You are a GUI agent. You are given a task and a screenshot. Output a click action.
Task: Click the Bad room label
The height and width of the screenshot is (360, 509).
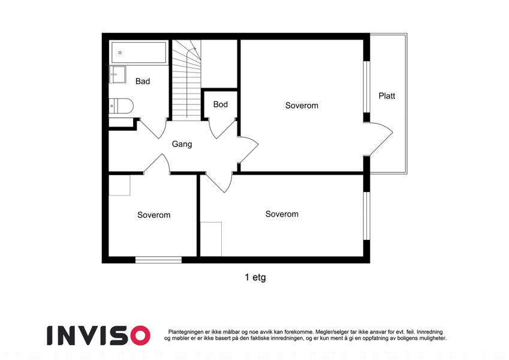(x=143, y=81)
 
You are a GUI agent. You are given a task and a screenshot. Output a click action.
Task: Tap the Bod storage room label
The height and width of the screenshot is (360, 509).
(x=221, y=104)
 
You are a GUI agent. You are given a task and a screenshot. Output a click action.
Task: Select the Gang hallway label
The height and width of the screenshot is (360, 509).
(x=182, y=144)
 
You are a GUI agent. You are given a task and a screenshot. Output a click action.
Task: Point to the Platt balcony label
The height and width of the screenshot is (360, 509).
(x=387, y=96)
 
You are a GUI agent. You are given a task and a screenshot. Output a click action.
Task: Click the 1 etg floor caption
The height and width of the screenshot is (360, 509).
(x=255, y=277)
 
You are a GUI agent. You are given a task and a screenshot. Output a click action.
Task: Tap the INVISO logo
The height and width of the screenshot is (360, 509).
(x=99, y=335)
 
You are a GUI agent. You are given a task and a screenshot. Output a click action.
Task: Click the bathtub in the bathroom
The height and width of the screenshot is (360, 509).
(x=138, y=52)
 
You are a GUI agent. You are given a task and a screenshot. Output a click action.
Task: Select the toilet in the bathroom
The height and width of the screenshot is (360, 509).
(x=121, y=106)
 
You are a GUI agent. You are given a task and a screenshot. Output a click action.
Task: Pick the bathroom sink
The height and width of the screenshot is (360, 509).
(x=117, y=74)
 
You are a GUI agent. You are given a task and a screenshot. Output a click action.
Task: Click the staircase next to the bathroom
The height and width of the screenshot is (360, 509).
(x=186, y=80)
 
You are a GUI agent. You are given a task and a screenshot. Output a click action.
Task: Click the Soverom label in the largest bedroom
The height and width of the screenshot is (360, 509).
(x=302, y=106)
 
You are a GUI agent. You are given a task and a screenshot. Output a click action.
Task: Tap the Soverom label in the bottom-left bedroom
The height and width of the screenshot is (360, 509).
(x=154, y=215)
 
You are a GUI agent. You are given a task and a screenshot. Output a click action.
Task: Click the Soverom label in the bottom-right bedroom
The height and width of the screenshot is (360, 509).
(x=282, y=214)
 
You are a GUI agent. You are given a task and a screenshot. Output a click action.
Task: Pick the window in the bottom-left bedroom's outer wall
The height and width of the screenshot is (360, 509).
(x=158, y=260)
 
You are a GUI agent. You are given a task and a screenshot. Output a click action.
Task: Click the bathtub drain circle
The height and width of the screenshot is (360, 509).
(x=120, y=52)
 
